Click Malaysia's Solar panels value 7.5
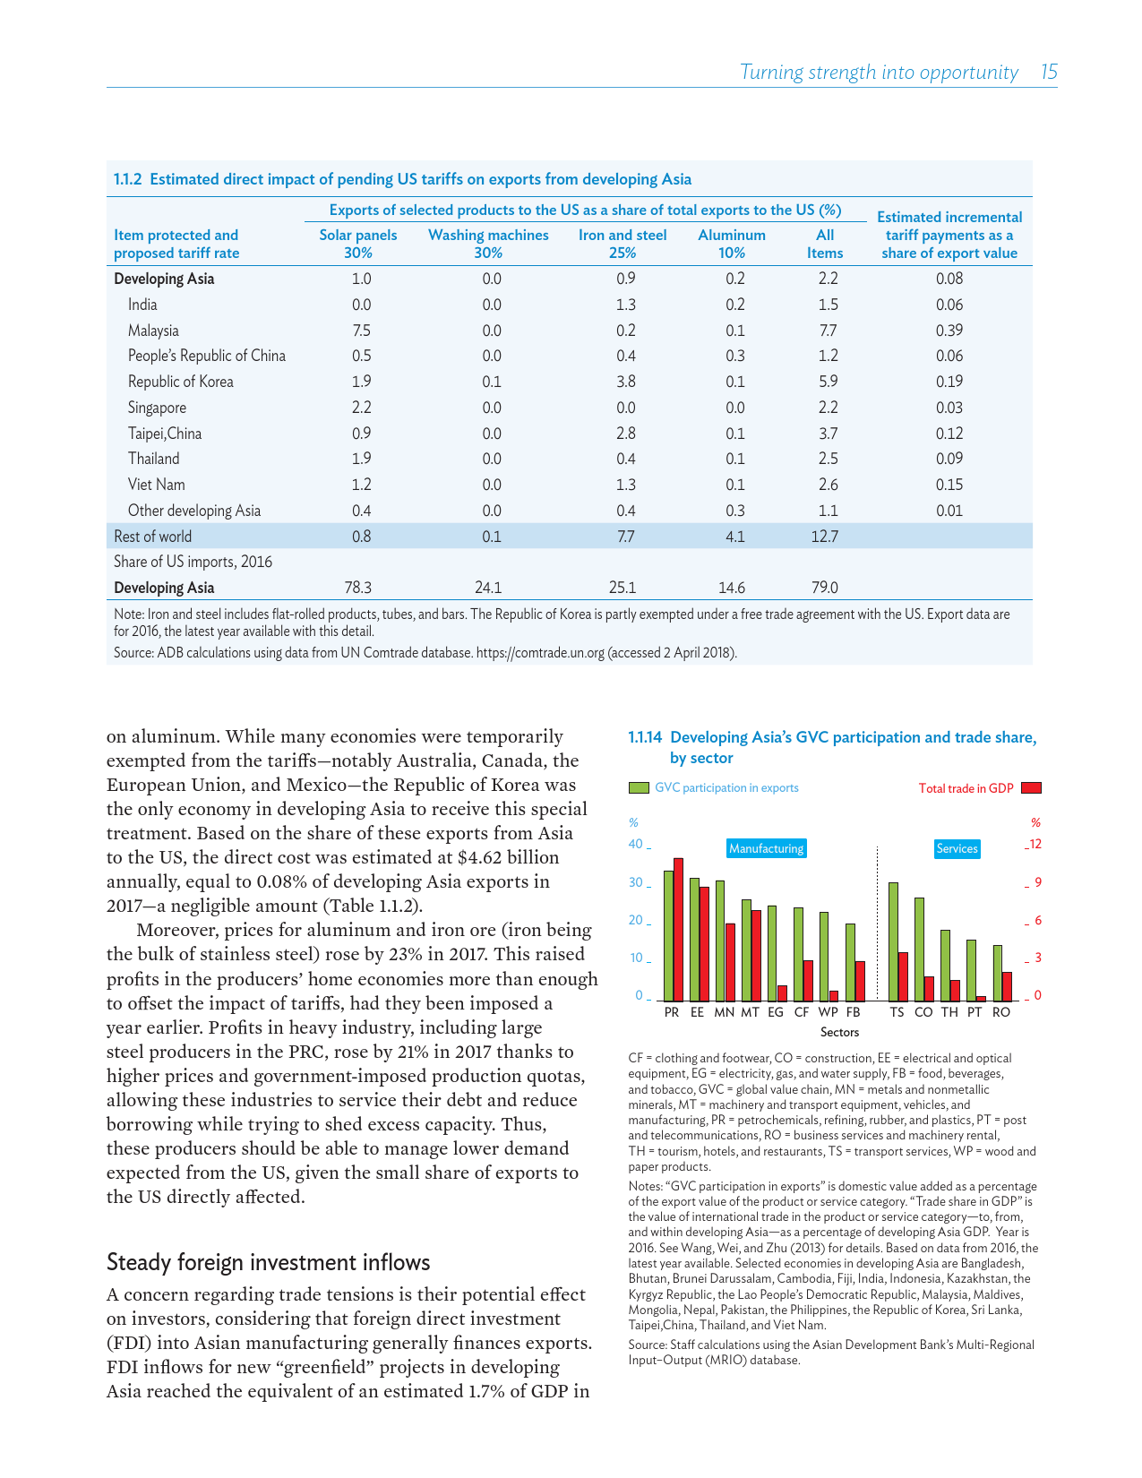(x=361, y=331)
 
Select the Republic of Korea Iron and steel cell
(x=625, y=382)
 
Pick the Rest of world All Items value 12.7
(x=824, y=537)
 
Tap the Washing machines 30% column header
(x=488, y=244)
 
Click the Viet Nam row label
(x=157, y=485)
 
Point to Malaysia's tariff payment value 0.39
(x=949, y=331)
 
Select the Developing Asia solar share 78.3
(x=357, y=588)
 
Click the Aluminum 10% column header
(x=732, y=244)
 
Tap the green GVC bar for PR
(x=668, y=935)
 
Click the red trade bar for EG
(x=782, y=992)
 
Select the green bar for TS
(x=893, y=941)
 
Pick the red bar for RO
(x=1007, y=985)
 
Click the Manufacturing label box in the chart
(x=767, y=848)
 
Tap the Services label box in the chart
(x=957, y=848)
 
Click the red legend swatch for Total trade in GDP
(x=1031, y=788)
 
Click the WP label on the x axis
(x=829, y=1012)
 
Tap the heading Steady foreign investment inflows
(x=268, y=1263)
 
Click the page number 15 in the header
(x=1049, y=73)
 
